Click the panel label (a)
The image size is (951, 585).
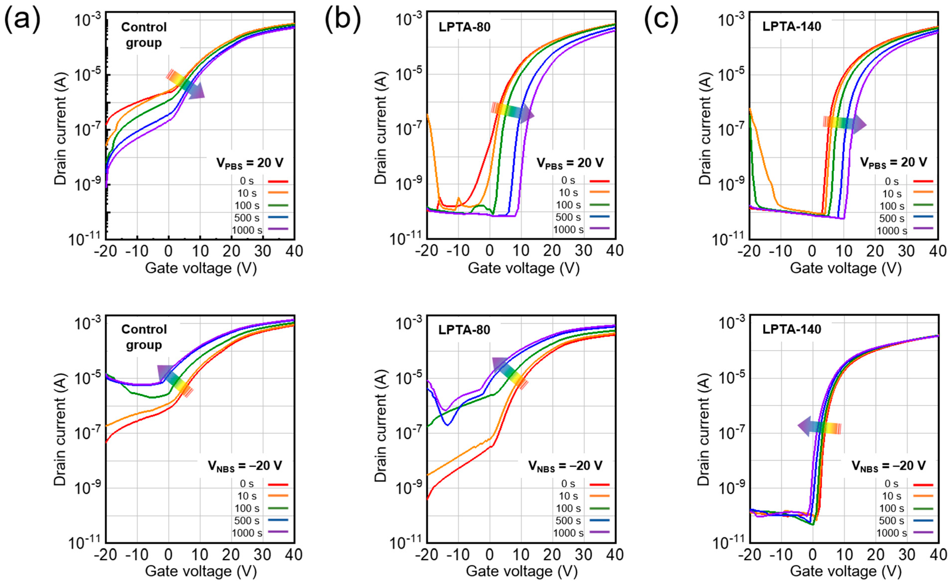click(x=22, y=18)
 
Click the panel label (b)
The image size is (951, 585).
click(x=342, y=18)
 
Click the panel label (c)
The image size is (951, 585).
click(x=661, y=18)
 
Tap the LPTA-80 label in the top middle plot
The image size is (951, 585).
click(x=464, y=27)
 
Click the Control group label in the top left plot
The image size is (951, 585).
click(x=144, y=35)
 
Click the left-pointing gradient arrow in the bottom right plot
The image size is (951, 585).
click(x=819, y=427)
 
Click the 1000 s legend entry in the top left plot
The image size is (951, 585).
click(x=260, y=230)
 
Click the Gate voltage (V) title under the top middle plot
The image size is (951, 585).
click(x=524, y=268)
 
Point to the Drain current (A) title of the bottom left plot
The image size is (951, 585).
click(x=61, y=430)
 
